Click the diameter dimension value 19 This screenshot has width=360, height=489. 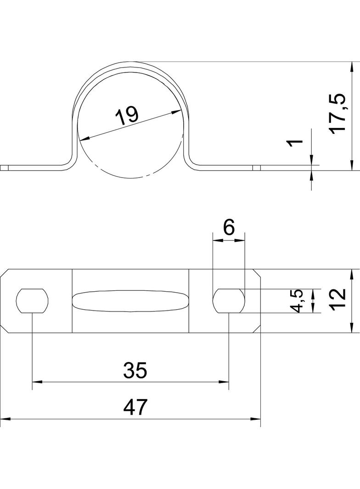(x=126, y=116)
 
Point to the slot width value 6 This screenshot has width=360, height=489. (x=229, y=228)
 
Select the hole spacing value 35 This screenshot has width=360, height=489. (x=135, y=370)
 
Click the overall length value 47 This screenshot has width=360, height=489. (x=135, y=407)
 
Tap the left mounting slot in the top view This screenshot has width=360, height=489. (x=32, y=300)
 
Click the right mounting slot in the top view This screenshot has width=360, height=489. (x=229, y=300)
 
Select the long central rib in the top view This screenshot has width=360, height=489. (x=130, y=301)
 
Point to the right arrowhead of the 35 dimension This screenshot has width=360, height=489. (x=224, y=381)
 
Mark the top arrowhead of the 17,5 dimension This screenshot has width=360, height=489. (x=352, y=67)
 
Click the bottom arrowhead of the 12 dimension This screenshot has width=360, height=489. (x=352, y=328)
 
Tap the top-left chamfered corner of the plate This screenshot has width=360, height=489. (x=4, y=272)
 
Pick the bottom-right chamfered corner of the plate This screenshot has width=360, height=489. (x=256, y=329)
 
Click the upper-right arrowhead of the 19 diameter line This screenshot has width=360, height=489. (x=176, y=111)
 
